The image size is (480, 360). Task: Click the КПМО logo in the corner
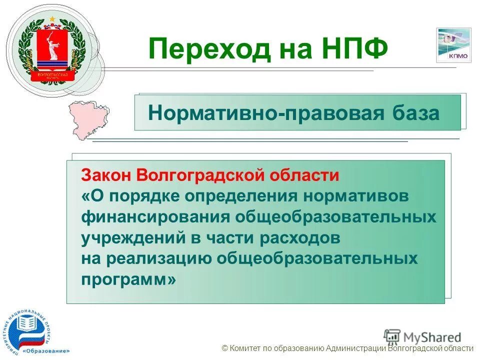coord(453,45)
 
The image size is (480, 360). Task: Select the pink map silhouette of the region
coord(90,120)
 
